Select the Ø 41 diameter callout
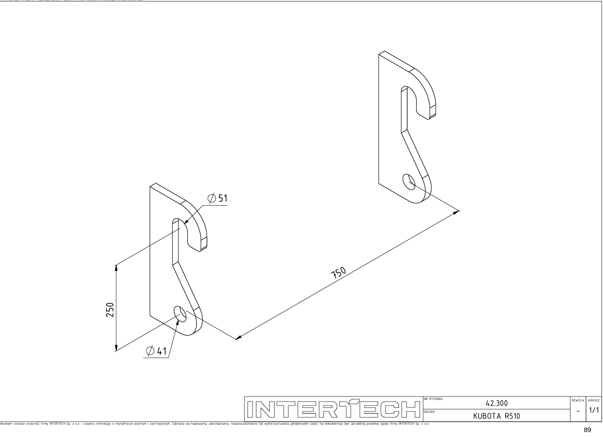click(157, 351)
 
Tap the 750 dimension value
click(341, 274)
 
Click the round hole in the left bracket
click(181, 314)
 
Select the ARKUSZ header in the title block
click(593, 398)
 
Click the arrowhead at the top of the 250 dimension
click(116, 267)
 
